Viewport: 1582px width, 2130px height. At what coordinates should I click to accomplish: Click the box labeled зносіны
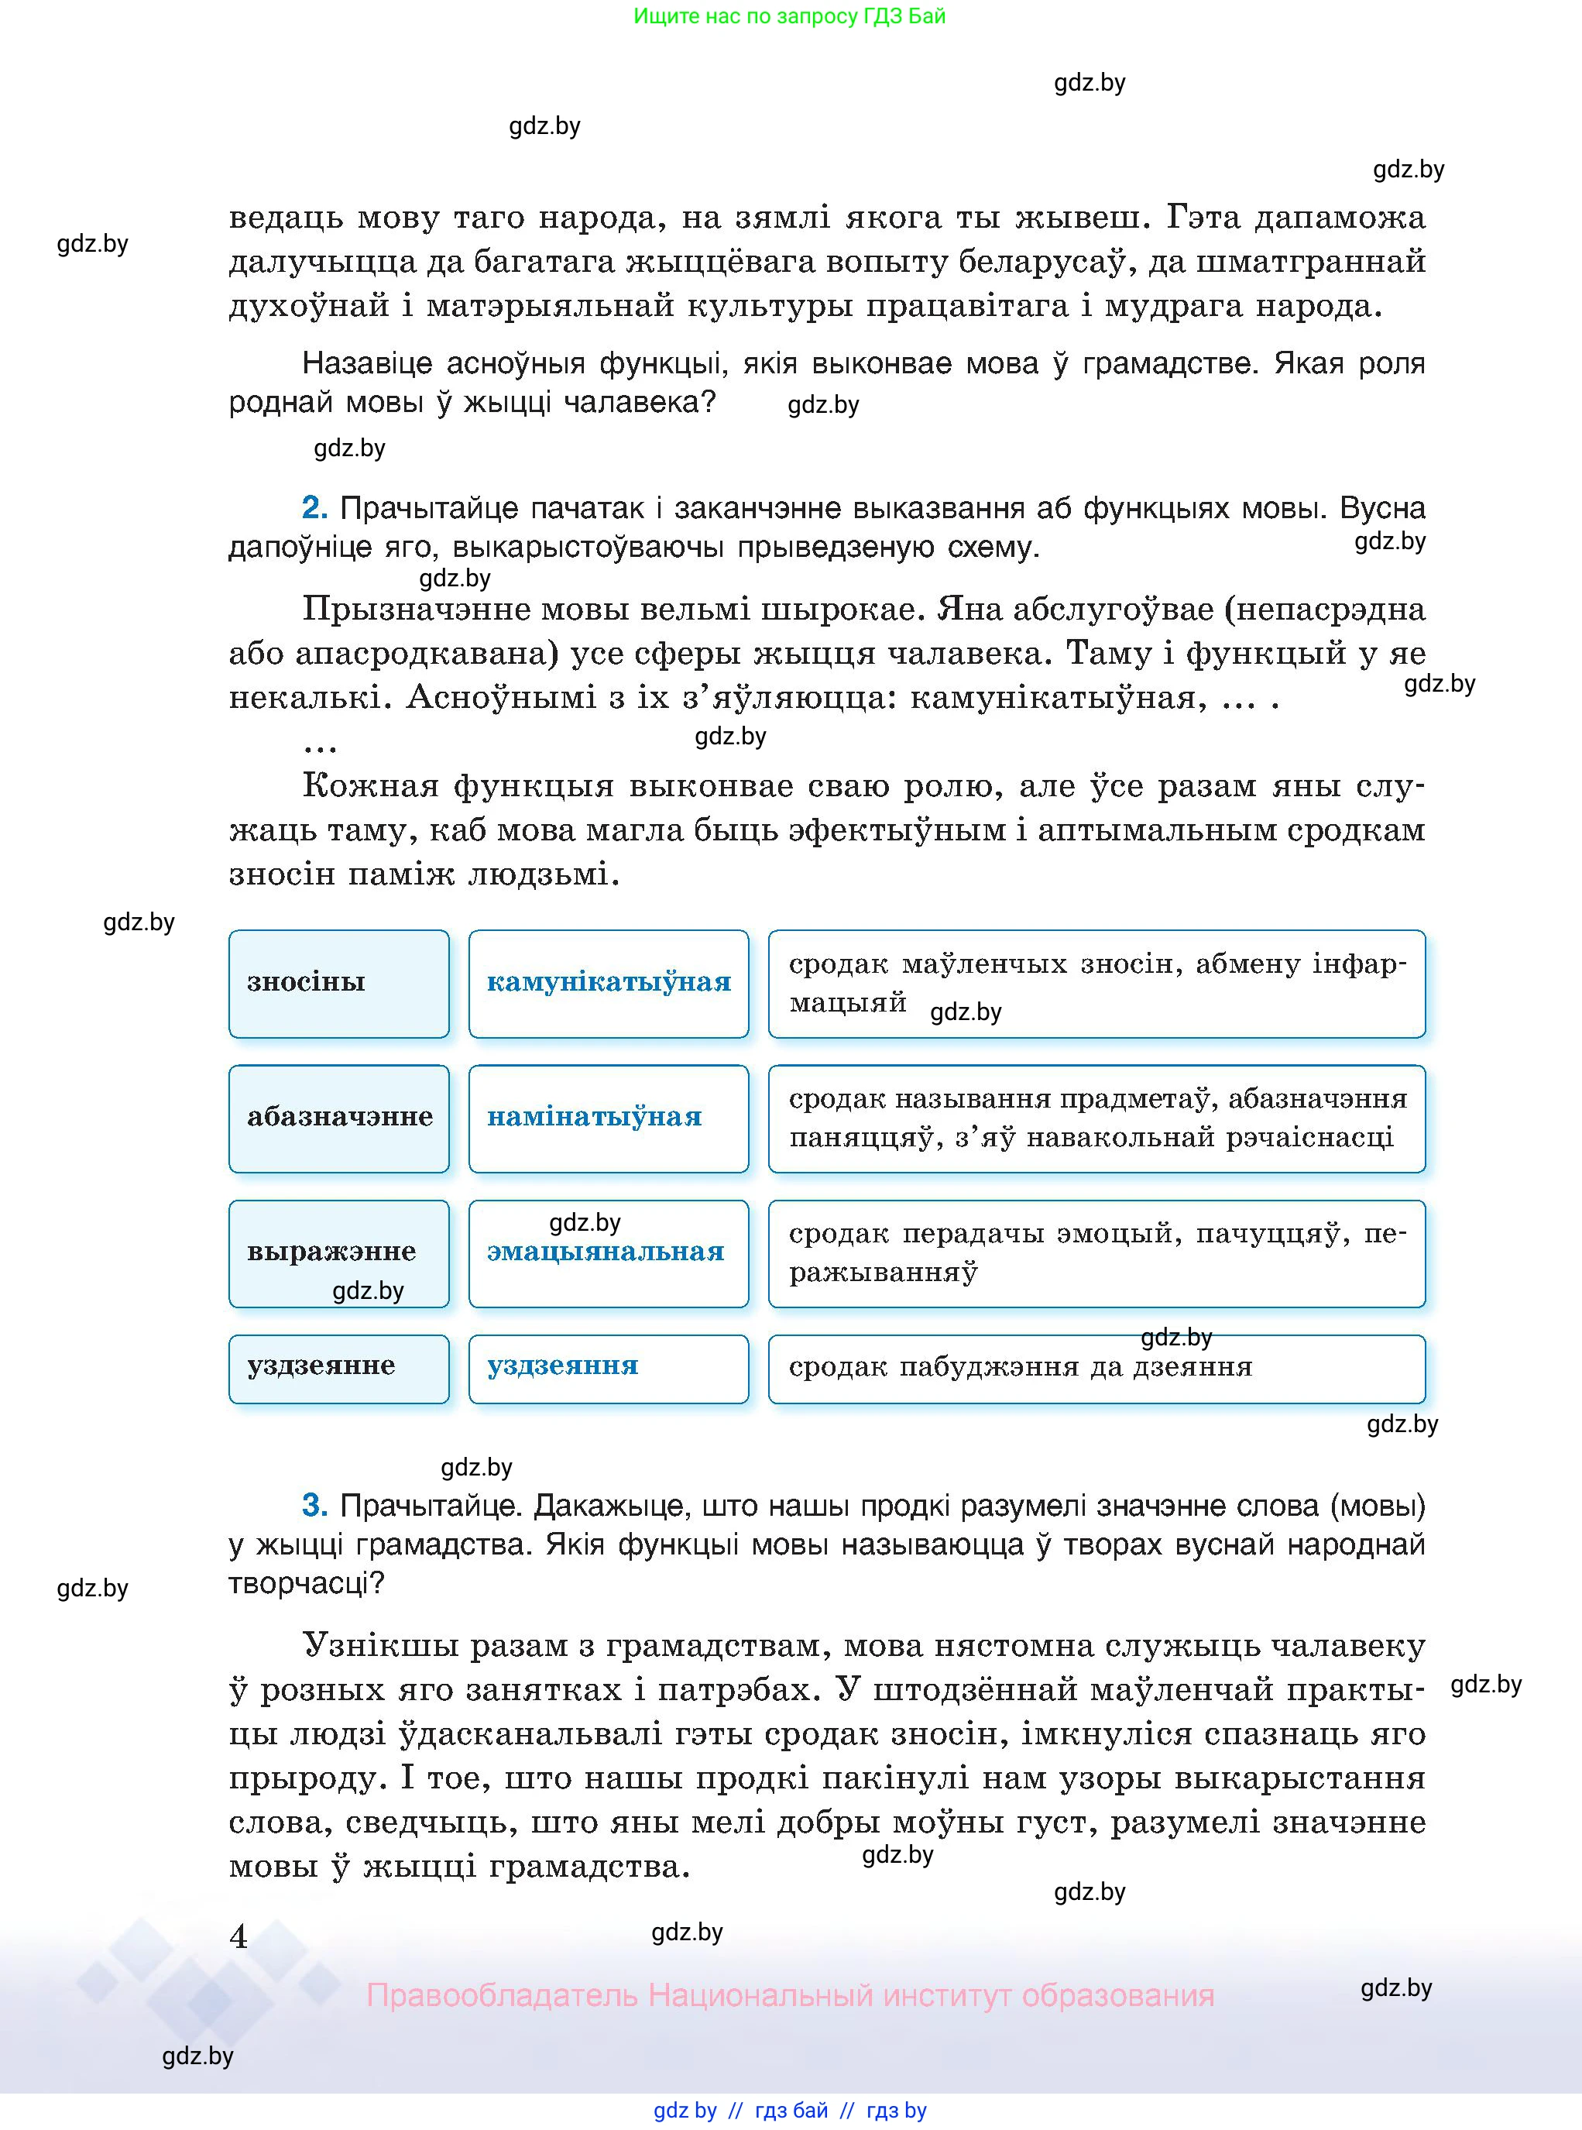(x=338, y=984)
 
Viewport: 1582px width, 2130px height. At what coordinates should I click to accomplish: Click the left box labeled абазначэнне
(x=338, y=1118)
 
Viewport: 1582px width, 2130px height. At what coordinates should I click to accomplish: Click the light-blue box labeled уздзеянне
(x=338, y=1368)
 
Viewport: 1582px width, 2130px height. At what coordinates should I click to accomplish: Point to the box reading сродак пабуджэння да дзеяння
(x=1096, y=1368)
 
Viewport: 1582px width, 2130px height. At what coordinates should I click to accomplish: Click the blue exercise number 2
(x=314, y=507)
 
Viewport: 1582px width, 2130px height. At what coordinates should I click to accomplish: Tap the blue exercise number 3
(x=314, y=1506)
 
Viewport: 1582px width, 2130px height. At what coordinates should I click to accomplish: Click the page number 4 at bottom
(x=239, y=1936)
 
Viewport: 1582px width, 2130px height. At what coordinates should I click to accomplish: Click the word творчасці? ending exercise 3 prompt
(x=306, y=1584)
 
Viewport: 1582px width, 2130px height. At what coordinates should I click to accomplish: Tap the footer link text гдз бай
(x=791, y=2110)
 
